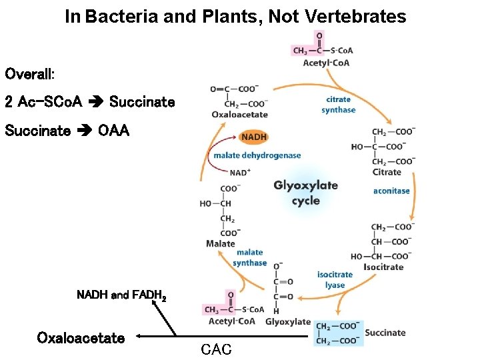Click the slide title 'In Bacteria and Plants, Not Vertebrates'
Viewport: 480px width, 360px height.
tap(235, 17)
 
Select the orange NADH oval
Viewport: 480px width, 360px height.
tap(253, 137)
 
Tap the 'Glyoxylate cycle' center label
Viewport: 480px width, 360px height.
tap(305, 193)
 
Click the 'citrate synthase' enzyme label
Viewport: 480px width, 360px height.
tap(338, 105)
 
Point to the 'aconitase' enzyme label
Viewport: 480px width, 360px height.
tap(391, 191)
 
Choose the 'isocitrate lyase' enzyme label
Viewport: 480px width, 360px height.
tap(335, 280)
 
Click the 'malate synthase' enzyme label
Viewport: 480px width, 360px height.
tap(250, 257)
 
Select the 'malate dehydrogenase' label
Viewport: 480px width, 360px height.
tap(257, 155)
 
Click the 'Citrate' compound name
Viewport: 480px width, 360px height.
tap(387, 172)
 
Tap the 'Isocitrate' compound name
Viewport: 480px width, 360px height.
tap(383, 267)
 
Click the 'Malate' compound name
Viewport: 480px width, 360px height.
tap(220, 243)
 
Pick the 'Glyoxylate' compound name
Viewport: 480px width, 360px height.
tap(287, 321)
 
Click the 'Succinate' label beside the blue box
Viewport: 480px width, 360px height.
tap(385, 333)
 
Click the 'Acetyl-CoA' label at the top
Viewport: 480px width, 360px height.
tap(326, 63)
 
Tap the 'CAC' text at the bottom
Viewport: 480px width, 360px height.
tap(216, 349)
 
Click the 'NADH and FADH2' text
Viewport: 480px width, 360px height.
tap(121, 295)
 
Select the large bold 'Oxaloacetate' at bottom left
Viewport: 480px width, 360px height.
tap(81, 338)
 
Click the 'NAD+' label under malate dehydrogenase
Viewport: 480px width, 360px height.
tap(241, 172)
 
